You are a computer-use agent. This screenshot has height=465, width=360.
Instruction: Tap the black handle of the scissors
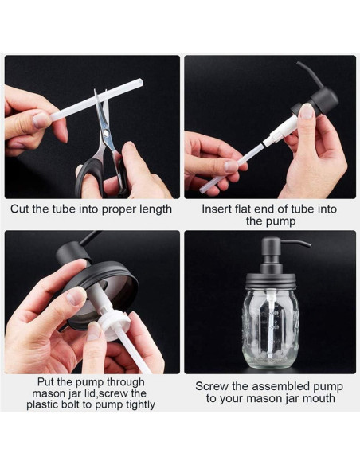click(x=89, y=178)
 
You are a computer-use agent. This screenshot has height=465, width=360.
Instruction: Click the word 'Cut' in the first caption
click(x=20, y=209)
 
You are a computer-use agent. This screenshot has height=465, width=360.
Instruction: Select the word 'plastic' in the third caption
click(x=42, y=404)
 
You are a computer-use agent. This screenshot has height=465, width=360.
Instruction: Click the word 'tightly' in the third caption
click(x=140, y=405)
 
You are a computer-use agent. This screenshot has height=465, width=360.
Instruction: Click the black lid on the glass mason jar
click(x=271, y=281)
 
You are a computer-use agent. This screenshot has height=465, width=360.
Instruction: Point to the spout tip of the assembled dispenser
click(x=309, y=245)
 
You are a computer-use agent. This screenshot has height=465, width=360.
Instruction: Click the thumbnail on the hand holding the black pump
click(x=306, y=111)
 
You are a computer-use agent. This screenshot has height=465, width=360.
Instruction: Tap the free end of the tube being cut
click(x=140, y=82)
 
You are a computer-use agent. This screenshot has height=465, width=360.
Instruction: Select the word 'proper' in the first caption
click(x=116, y=210)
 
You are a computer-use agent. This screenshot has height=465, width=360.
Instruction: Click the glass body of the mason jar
click(x=271, y=329)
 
